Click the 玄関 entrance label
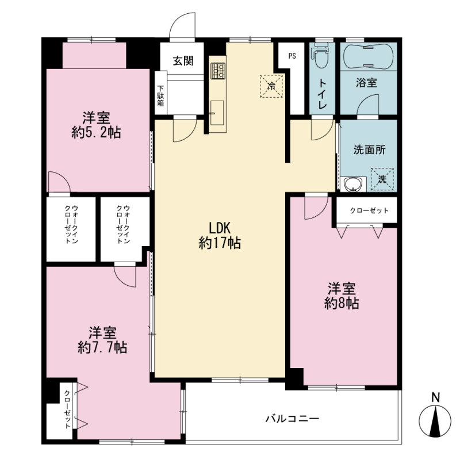point(183,61)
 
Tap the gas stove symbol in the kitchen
point(218,71)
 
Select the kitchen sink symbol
point(217,113)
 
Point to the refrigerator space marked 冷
point(271,86)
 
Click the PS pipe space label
point(292,56)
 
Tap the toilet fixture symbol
point(321,56)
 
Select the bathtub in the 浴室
point(369,56)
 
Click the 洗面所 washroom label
point(369,150)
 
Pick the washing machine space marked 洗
point(382,179)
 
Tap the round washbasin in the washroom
point(354,185)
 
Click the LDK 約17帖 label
point(220,236)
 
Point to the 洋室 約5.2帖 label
point(96,125)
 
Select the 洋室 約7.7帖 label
point(102,340)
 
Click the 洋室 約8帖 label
point(342,296)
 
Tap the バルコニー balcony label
point(292,418)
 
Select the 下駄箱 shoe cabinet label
point(160,95)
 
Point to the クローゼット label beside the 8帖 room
point(369,210)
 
